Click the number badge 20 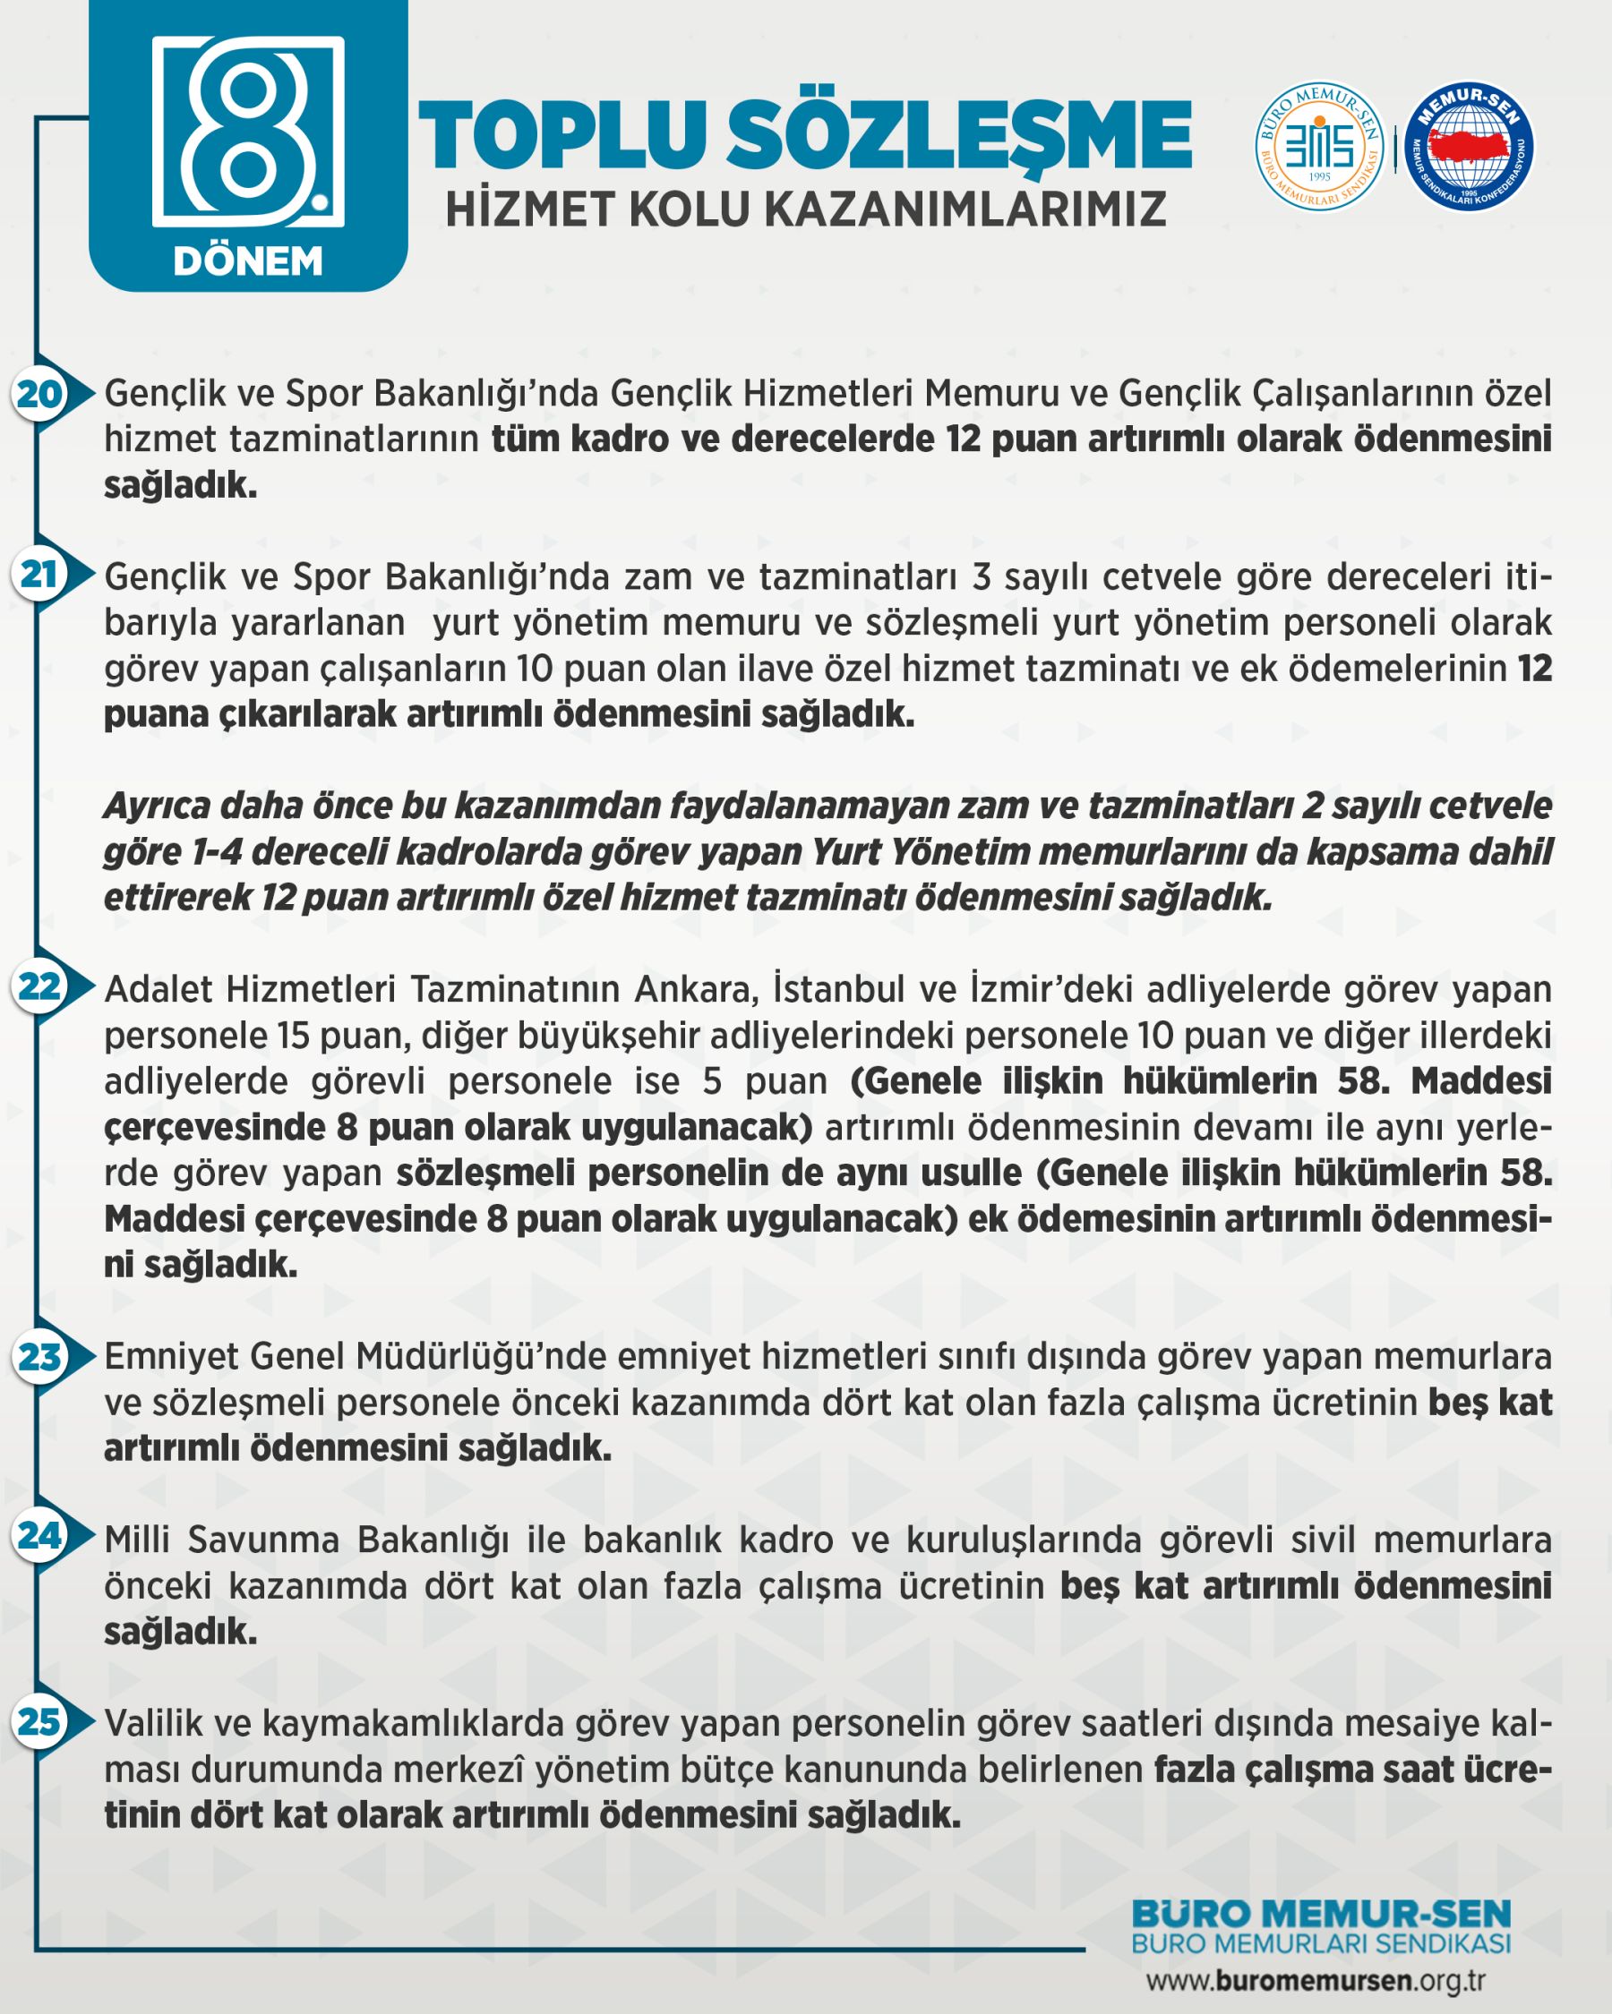(39, 394)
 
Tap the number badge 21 (39, 575)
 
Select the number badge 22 (39, 986)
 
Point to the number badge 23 (39, 1356)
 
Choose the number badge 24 (39, 1535)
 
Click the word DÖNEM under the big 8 (248, 261)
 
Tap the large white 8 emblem (248, 131)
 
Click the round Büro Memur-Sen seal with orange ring (1318, 146)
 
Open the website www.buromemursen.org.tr (1315, 1980)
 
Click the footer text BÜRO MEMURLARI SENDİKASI (1320, 1944)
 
